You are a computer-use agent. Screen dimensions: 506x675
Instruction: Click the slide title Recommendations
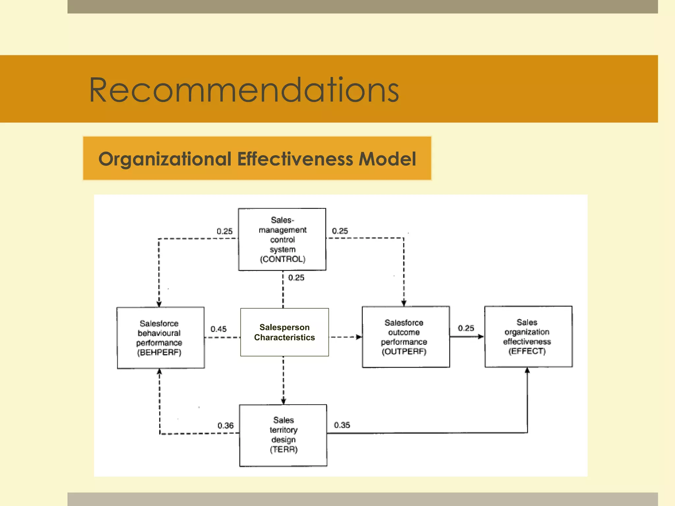[244, 90]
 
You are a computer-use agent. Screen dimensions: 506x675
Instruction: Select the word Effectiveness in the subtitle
[295, 159]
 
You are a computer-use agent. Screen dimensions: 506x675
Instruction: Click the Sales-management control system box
[282, 239]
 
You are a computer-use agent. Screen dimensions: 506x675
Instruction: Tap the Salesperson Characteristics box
[284, 332]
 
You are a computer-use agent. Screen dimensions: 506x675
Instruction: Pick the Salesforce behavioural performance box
[161, 338]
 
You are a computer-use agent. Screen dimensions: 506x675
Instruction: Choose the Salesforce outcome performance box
[405, 337]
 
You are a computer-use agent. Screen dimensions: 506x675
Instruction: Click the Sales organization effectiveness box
[528, 336]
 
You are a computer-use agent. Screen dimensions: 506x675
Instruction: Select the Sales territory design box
[283, 435]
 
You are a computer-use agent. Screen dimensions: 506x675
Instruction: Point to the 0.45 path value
[219, 329]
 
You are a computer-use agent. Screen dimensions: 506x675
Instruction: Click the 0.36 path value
[225, 426]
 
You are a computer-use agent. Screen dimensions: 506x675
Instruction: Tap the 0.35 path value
[342, 425]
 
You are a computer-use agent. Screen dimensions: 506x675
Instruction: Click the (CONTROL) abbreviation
[283, 259]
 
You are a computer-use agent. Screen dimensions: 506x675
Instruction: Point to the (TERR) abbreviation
[284, 450]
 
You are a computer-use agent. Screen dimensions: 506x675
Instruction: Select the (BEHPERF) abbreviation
[159, 352]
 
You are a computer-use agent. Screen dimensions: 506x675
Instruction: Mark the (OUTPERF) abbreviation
[404, 351]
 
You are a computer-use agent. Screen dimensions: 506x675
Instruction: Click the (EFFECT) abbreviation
[527, 351]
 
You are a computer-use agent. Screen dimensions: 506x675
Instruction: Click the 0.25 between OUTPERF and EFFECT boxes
[466, 328]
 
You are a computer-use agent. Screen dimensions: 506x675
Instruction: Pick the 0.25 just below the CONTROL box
[296, 278]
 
